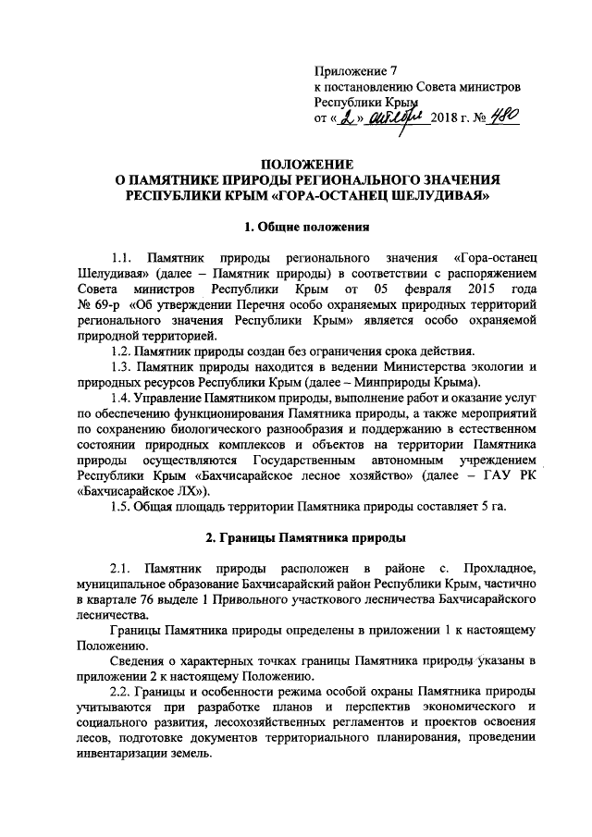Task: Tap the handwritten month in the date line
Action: pos(395,118)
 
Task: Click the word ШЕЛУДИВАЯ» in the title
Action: pos(430,197)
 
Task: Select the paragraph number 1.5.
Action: pos(122,507)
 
